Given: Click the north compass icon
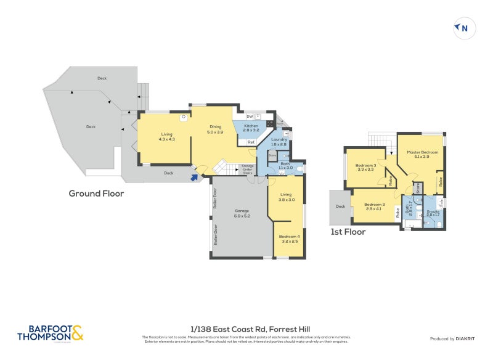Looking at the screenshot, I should click(464, 28).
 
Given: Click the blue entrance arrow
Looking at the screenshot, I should click(195, 178).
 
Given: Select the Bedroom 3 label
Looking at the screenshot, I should click(365, 166).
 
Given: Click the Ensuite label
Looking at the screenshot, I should click(433, 213).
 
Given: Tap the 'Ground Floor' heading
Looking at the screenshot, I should click(96, 194).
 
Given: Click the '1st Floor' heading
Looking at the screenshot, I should click(348, 232).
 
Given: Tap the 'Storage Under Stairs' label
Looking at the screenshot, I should click(247, 170).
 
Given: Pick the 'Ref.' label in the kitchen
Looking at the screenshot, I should click(251, 142).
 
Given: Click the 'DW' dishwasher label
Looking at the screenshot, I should click(249, 116).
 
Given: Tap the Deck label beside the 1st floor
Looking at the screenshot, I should click(340, 207).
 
